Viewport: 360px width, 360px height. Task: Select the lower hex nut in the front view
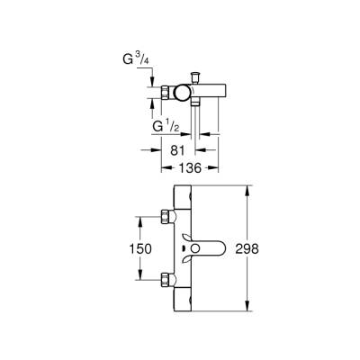(x=166, y=277)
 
